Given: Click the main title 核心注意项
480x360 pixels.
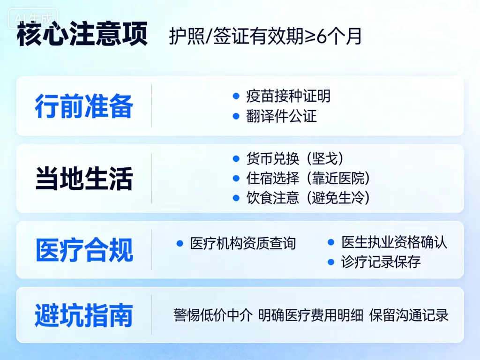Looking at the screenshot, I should pyautogui.click(x=82, y=35).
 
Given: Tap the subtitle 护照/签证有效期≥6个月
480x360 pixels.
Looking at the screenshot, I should pyautogui.click(x=266, y=37).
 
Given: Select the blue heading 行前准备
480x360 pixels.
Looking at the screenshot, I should pyautogui.click(x=84, y=106).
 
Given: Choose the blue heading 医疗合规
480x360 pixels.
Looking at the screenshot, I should pyautogui.click(x=84, y=250).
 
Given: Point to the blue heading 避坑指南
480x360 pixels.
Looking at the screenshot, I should pyautogui.click(x=84, y=315).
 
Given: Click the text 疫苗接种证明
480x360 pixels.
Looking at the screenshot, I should pyautogui.click(x=288, y=96).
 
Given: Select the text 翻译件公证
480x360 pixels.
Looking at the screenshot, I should pyautogui.click(x=282, y=116).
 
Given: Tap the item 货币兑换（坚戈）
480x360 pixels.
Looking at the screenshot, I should pyautogui.click(x=298, y=158).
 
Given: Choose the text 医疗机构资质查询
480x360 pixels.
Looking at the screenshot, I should pyautogui.click(x=243, y=243).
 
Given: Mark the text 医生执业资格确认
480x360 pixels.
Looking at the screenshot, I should pyautogui.click(x=394, y=242).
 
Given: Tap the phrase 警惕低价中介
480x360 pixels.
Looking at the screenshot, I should pyautogui.click(x=213, y=315).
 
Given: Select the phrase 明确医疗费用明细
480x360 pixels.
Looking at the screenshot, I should pyautogui.click(x=311, y=315).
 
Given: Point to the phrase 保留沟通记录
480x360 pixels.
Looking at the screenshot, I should pyautogui.click(x=409, y=315).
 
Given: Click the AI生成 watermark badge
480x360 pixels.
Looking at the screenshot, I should pyautogui.click(x=33, y=19).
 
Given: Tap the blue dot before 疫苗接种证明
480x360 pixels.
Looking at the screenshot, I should pyautogui.click(x=236, y=96).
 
